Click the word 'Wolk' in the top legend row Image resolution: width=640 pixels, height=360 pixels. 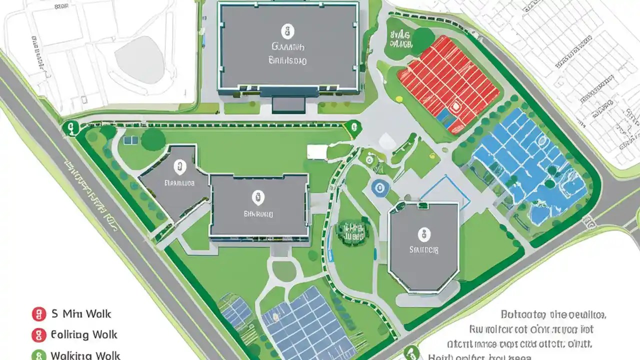[x=98, y=314]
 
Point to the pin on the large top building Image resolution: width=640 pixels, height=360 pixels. [x=286, y=31]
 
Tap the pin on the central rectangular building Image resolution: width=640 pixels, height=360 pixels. [x=257, y=197]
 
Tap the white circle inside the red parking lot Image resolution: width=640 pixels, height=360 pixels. [x=455, y=106]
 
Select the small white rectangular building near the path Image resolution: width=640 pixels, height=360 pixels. [x=316, y=151]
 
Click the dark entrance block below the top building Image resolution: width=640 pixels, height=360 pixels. [x=288, y=104]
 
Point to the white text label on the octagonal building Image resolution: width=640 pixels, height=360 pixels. [x=424, y=249]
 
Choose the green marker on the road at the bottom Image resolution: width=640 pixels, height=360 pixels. [x=411, y=352]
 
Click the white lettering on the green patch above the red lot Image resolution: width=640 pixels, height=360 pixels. [x=400, y=39]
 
